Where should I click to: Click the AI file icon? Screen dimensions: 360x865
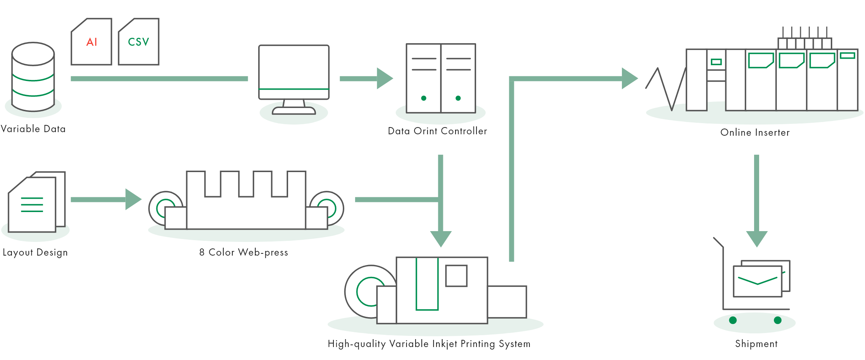tap(91, 42)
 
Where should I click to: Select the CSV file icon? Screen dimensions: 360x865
tap(139, 42)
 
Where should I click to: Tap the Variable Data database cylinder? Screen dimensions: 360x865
tap(33, 77)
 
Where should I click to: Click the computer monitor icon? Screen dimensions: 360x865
tap(294, 72)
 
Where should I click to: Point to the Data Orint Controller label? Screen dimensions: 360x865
tap(437, 131)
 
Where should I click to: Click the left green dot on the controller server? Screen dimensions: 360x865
tap(424, 98)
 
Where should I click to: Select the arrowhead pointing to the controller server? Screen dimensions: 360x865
tap(384, 78)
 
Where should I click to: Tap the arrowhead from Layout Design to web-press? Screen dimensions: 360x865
tap(133, 199)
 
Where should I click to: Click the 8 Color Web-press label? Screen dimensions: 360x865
tap(244, 252)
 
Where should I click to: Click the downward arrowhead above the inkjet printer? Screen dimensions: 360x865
tap(441, 239)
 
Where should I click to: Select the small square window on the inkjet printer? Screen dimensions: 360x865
tap(456, 276)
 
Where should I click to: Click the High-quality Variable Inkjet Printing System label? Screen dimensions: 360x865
tap(429, 344)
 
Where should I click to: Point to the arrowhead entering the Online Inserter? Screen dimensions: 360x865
tap(629, 78)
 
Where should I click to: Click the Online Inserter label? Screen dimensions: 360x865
tap(755, 132)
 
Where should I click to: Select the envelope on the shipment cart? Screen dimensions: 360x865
tap(758, 281)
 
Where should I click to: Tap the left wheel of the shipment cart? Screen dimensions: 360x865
tap(733, 320)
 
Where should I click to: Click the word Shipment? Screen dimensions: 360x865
tap(756, 344)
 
